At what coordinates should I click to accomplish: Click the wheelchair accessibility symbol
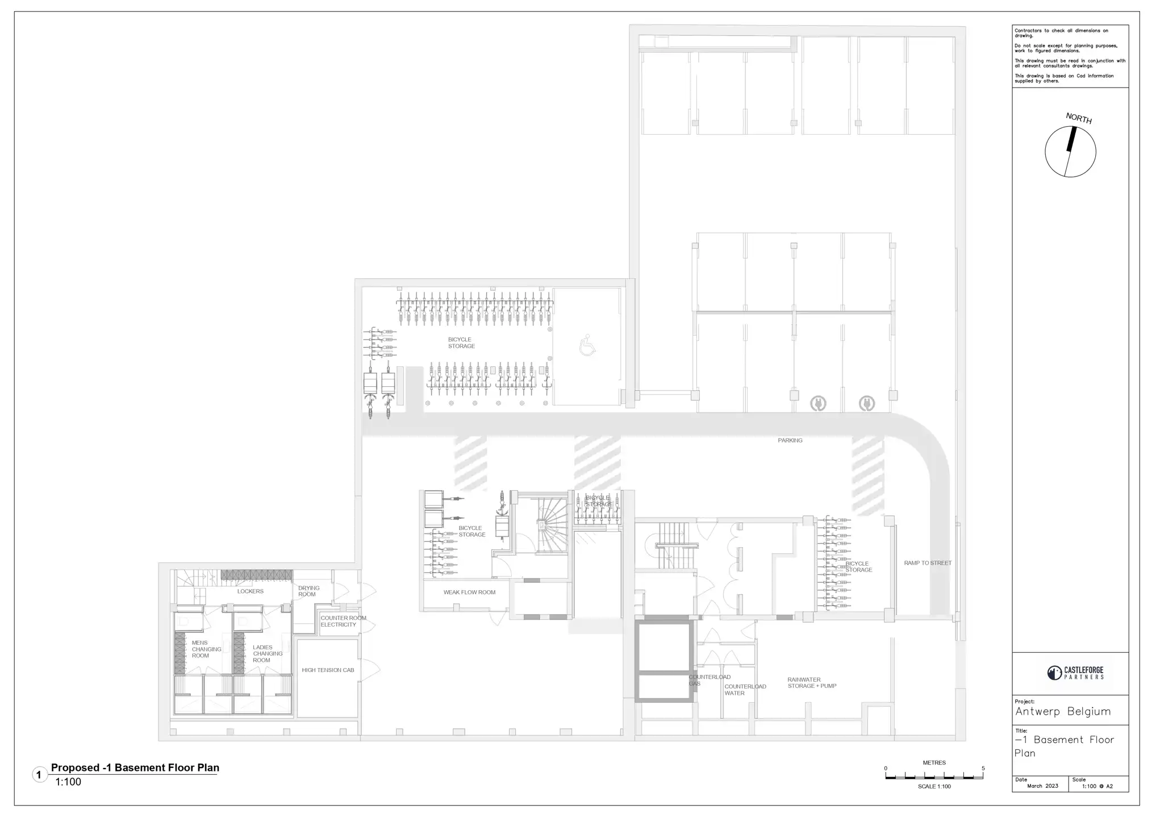pos(587,346)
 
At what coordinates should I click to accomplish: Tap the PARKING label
pos(790,440)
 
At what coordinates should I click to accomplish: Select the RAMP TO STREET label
pos(927,563)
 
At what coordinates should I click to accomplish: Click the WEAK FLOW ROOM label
pos(469,592)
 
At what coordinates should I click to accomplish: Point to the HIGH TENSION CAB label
pos(328,670)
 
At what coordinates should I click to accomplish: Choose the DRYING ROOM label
pos(308,591)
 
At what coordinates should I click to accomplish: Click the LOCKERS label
pos(250,591)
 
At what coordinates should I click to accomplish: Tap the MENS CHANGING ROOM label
pos(206,649)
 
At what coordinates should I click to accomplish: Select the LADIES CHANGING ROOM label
pos(267,654)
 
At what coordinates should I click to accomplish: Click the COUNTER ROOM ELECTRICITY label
pos(343,621)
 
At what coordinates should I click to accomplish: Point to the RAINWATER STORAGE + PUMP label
pos(811,683)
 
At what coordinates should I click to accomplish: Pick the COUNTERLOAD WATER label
pos(745,690)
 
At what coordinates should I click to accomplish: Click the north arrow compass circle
pos(1070,152)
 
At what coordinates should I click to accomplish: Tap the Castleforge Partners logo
pos(1075,673)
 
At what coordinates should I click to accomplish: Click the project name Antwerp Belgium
pos(1062,712)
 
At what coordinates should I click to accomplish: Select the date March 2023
pos(1042,786)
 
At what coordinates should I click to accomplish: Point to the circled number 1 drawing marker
pos(39,775)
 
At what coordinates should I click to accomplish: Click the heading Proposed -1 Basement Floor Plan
pos(135,768)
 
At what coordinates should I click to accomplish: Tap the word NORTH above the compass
pos(1078,118)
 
